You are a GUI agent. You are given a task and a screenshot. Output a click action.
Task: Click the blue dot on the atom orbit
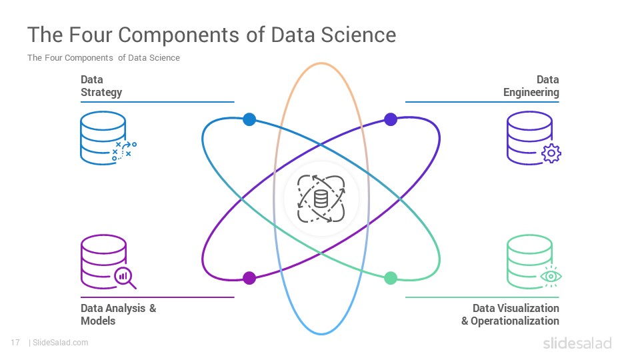pos(249,119)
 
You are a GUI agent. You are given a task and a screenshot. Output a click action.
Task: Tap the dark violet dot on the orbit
pos(391,119)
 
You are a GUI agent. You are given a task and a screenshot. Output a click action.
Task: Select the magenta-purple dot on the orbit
pos(249,278)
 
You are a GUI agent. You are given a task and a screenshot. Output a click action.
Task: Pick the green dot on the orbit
pos(391,278)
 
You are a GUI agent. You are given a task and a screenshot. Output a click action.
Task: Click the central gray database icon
pos(321,199)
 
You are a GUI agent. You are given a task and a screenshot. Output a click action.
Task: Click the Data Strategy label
pos(101,86)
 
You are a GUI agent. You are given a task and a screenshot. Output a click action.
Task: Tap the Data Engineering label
pos(531,86)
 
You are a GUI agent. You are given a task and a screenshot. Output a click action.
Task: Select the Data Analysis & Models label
pos(119,314)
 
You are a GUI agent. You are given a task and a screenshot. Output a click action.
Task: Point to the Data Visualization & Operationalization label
pos(510,314)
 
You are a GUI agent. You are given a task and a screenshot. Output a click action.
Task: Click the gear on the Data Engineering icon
pos(551,153)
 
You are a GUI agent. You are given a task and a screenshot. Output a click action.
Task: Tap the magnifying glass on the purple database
pos(125,277)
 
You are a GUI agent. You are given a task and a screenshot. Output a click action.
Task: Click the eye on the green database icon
pos(551,276)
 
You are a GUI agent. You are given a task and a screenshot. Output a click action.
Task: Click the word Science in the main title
pos(359,35)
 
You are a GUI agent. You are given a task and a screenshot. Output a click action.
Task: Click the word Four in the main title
pos(90,35)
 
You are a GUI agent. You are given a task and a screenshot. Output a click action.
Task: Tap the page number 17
pos(15,343)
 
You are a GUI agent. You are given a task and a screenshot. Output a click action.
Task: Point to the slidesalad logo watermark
pos(577,343)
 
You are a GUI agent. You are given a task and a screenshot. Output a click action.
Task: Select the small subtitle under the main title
pos(104,58)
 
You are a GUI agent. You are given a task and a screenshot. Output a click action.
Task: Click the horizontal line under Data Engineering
pos(482,101)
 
